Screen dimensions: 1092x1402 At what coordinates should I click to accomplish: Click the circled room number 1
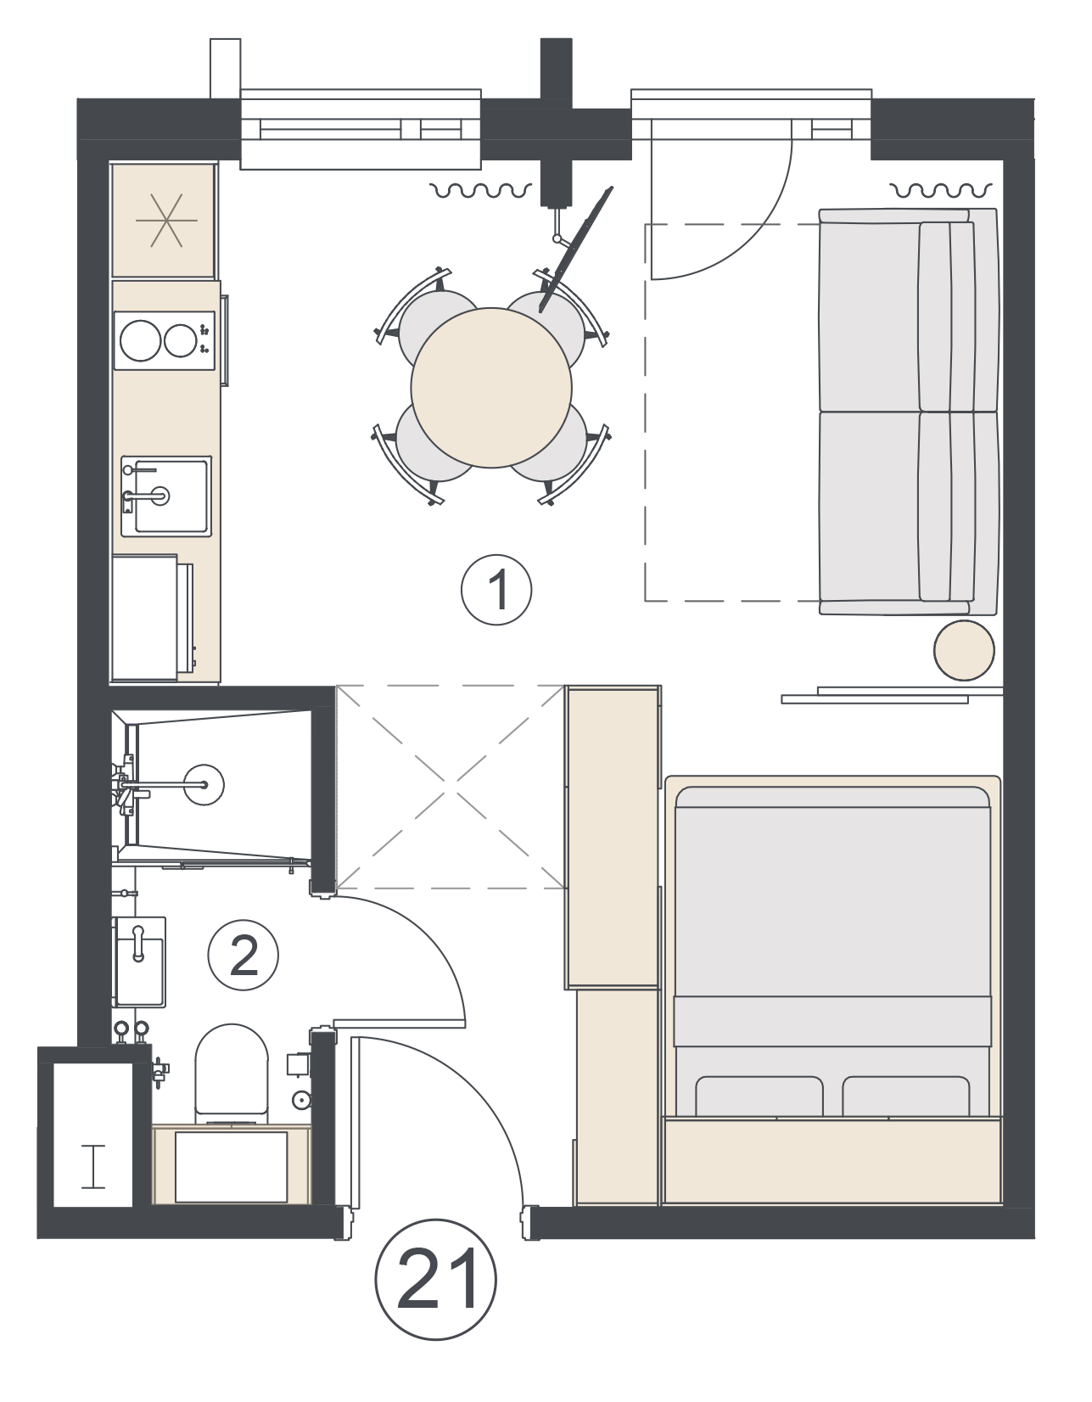click(x=496, y=590)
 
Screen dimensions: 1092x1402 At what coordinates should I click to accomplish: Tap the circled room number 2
click(x=244, y=956)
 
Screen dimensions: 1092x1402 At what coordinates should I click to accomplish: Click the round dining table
click(x=491, y=387)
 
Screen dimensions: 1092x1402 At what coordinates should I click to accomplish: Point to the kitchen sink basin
click(x=166, y=496)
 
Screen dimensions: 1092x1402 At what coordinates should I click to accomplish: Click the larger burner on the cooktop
click(x=141, y=340)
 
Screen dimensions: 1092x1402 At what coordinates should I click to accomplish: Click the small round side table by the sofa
click(x=964, y=650)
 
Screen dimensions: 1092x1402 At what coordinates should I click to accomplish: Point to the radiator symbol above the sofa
click(x=940, y=190)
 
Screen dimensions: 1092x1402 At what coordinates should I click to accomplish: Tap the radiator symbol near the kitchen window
click(x=481, y=190)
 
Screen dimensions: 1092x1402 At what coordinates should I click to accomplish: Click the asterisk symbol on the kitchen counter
click(x=166, y=220)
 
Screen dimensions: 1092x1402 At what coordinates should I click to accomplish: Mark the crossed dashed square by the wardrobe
click(x=451, y=787)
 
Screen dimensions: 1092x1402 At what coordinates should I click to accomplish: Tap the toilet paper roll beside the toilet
click(x=300, y=1100)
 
